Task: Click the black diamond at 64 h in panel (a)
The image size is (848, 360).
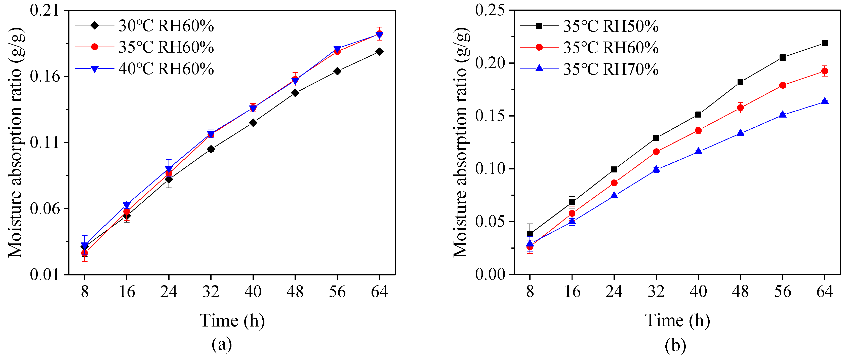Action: tap(379, 52)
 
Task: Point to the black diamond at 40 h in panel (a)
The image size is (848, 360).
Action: tap(253, 123)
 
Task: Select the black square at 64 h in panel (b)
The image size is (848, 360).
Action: tap(825, 43)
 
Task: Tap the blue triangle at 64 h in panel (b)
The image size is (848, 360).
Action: tap(825, 101)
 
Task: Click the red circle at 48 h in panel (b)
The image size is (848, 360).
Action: tap(740, 108)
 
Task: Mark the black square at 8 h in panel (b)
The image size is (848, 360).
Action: tap(530, 234)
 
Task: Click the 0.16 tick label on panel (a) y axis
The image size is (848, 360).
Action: tap(46, 77)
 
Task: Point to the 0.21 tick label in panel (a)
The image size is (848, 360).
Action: tap(46, 10)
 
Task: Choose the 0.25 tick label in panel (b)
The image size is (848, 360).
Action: tap(490, 10)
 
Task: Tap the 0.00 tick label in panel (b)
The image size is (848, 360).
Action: tap(490, 274)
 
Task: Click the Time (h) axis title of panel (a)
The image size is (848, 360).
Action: tap(232, 320)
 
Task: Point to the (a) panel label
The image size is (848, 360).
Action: tap(222, 345)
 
